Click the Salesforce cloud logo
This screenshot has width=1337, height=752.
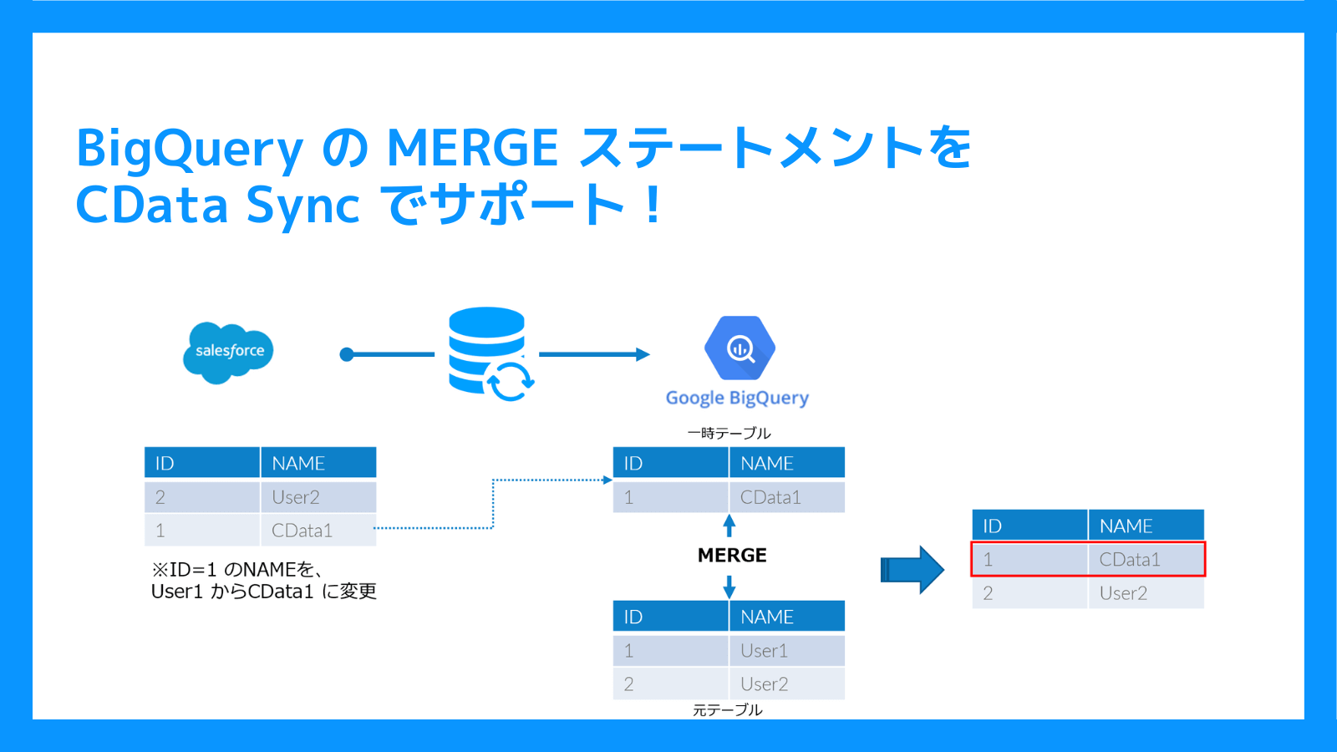click(x=228, y=352)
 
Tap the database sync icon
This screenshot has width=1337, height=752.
click(x=490, y=353)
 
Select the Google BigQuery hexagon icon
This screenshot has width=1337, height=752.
click(x=740, y=348)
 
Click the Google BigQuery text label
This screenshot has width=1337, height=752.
click(x=737, y=398)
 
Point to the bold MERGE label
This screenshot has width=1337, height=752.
click(x=732, y=556)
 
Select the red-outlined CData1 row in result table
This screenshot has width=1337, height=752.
click(x=1088, y=559)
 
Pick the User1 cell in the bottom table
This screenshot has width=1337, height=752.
click(x=764, y=651)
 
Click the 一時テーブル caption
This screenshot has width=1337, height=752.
click(x=729, y=433)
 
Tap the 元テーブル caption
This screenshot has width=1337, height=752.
click(x=727, y=709)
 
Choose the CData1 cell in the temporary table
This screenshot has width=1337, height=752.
click(x=770, y=497)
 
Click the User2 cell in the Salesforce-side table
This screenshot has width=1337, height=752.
click(x=296, y=497)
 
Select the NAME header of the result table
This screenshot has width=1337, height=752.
click(x=1126, y=526)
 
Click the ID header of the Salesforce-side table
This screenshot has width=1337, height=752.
click(x=165, y=464)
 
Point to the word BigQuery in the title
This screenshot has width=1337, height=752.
click(x=190, y=149)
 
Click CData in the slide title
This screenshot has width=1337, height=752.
click(x=151, y=206)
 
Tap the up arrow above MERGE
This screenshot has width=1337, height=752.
click(x=729, y=526)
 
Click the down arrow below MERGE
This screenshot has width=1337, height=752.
click(x=729, y=587)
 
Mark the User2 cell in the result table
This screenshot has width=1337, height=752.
click(x=1123, y=593)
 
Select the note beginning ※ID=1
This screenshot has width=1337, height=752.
click(x=263, y=581)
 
